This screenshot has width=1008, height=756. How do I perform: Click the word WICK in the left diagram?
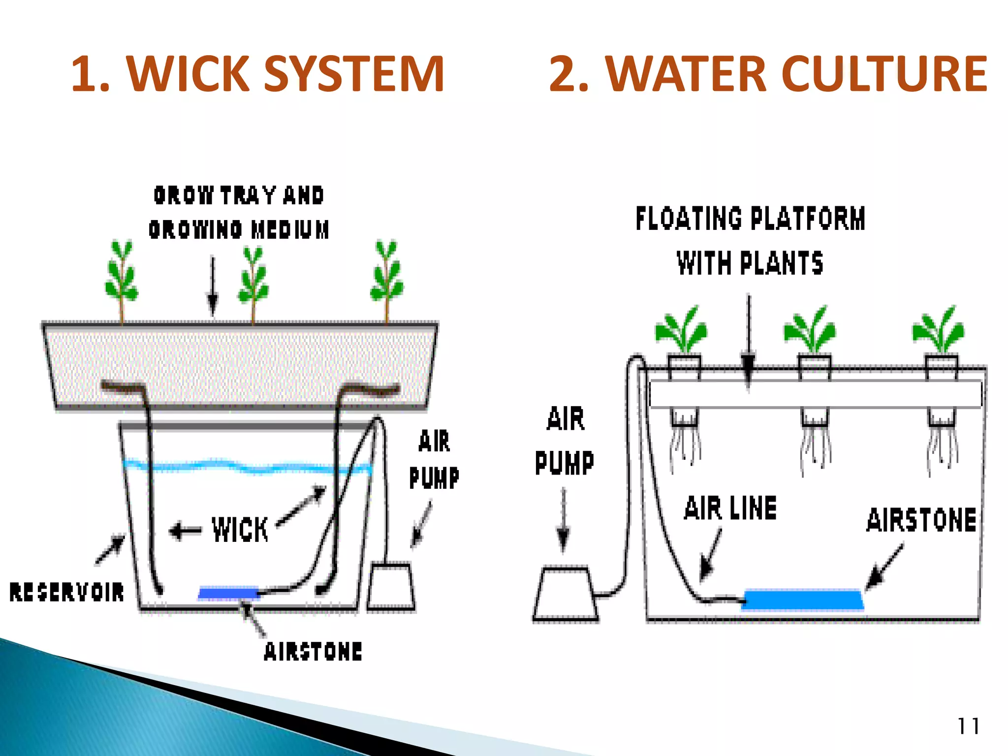[240, 530]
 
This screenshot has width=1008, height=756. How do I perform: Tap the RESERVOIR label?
[67, 592]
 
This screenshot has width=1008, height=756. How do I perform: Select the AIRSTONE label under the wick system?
[313, 651]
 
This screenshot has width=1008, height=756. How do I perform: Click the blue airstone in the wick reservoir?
[228, 593]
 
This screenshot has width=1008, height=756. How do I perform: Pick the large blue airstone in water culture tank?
[802, 599]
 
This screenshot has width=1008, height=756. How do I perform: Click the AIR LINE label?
[730, 508]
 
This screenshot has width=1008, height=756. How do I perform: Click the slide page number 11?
[968, 726]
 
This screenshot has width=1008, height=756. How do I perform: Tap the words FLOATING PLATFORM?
[750, 219]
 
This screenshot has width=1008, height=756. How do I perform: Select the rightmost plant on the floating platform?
[939, 330]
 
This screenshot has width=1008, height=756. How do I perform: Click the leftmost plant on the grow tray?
[121, 278]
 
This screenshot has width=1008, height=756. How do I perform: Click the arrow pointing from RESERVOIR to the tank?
[111, 549]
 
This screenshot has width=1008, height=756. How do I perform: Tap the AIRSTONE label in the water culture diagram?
[921, 520]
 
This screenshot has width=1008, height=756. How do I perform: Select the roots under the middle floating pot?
[815, 448]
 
